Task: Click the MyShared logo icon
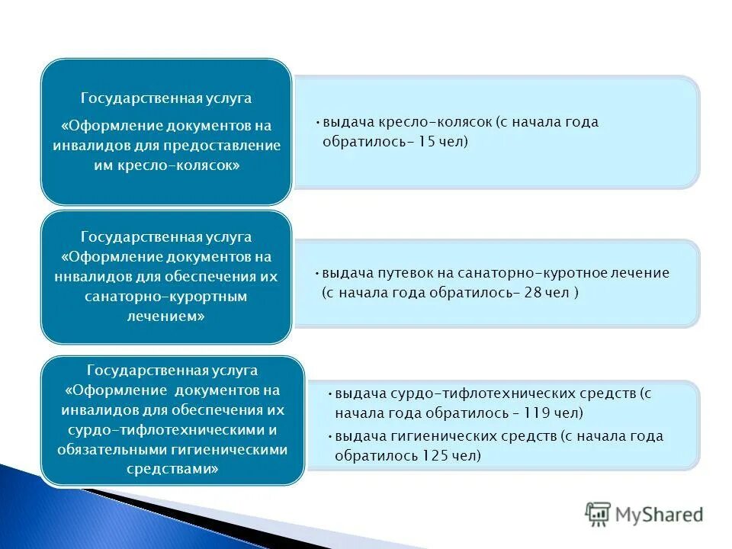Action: [598, 515]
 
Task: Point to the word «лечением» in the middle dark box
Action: [165, 316]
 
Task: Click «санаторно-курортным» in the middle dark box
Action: [166, 296]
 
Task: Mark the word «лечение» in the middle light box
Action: [645, 273]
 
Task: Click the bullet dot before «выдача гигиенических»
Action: [329, 437]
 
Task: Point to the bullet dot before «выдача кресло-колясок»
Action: [317, 122]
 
